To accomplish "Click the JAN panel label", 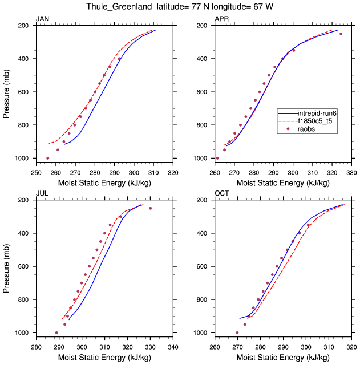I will point(42,19).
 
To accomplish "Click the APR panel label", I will point(221,19).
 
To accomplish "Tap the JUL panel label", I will point(42,193).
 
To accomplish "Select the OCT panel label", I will point(222,193).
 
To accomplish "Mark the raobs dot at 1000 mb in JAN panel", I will point(47,158).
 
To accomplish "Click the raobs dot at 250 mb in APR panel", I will point(341,34).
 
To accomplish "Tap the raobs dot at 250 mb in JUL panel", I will point(151,208).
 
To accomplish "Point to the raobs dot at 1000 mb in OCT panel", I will point(237,332).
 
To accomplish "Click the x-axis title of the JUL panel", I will point(104,357).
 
